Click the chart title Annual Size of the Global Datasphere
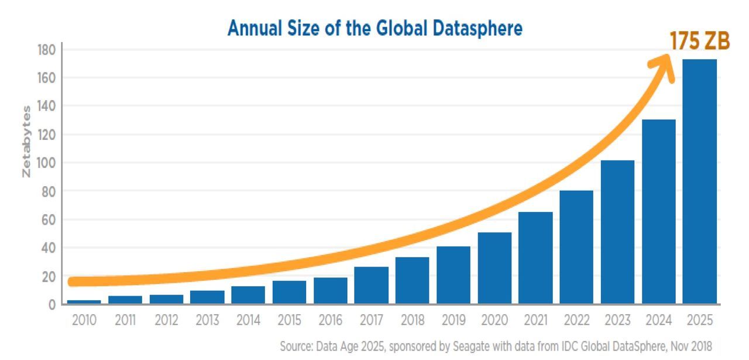374,28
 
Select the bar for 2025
700,181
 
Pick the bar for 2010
84,302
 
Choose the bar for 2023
617,232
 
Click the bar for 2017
371,285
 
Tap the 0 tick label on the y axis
51,304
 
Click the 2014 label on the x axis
248,321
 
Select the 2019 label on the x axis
453,321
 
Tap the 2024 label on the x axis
658,321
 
